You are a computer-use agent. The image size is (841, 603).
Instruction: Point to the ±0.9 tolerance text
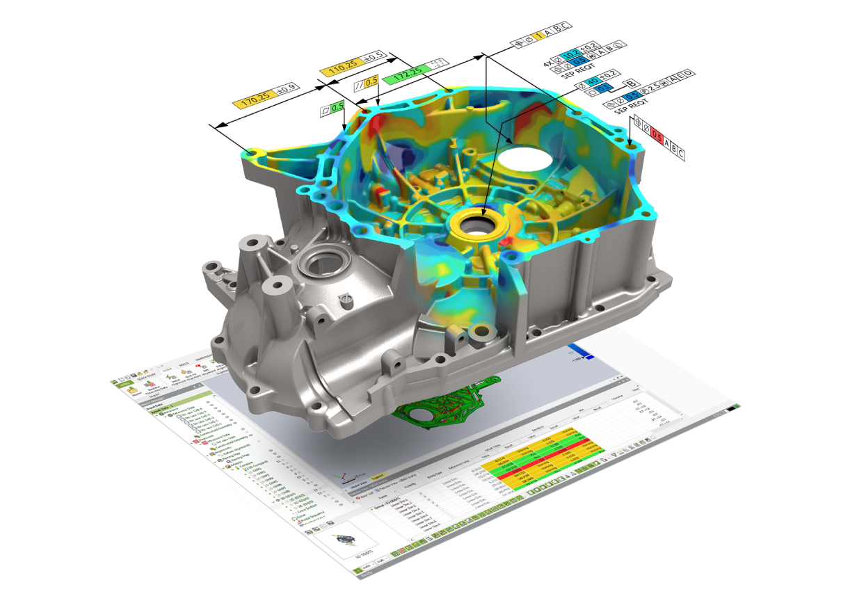[287, 88]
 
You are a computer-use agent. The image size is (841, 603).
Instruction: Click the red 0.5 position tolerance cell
[656, 136]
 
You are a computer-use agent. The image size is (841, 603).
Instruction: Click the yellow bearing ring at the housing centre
[479, 223]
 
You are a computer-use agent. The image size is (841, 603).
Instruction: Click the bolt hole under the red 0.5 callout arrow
[630, 147]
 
